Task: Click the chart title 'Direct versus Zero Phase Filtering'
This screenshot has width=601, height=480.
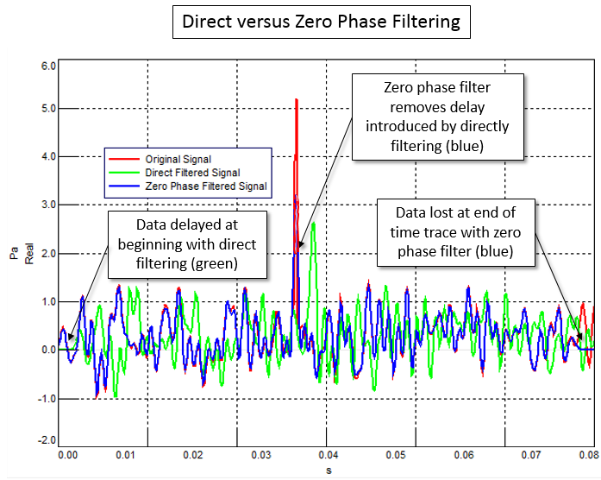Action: click(x=322, y=22)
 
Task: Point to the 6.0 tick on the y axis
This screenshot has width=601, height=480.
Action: click(x=47, y=66)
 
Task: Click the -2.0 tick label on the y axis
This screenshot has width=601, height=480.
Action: click(x=47, y=440)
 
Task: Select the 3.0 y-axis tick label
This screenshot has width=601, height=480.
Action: click(x=47, y=205)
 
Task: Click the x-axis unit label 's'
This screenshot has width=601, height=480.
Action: click(x=328, y=471)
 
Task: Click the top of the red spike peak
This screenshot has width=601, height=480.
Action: click(x=297, y=100)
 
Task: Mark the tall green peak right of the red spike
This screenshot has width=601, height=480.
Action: click(x=314, y=224)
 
